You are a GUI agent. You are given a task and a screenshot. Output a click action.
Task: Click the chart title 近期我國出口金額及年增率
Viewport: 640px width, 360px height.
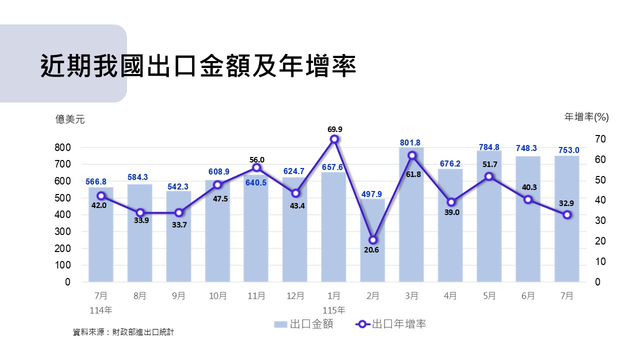[x=198, y=66]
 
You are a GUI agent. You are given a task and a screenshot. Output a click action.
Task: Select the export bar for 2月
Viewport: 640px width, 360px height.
[x=372, y=240]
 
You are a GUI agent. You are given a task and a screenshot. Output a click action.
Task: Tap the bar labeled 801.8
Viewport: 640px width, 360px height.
[x=411, y=214]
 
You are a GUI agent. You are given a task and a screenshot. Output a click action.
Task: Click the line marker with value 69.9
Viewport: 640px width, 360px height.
[x=334, y=139]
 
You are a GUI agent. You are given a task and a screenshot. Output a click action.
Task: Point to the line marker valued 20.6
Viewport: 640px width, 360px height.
[x=373, y=240]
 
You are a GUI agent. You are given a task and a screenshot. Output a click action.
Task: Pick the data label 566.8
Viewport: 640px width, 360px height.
[x=96, y=181]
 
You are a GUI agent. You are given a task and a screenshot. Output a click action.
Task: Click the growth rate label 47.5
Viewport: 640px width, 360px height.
[x=220, y=199]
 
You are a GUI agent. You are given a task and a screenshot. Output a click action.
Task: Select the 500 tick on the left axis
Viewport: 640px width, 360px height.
[x=62, y=198]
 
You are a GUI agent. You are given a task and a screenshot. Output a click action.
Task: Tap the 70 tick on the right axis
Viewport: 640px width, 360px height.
[x=600, y=139]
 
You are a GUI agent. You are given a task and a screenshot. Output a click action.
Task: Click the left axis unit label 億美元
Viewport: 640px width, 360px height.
[x=70, y=119]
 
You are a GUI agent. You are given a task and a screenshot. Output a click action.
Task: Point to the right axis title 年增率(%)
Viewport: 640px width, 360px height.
[x=586, y=117]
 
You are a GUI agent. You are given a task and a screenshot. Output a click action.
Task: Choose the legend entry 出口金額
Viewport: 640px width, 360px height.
[x=303, y=324]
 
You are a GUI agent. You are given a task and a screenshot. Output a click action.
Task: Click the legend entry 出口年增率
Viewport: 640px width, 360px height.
[x=391, y=324]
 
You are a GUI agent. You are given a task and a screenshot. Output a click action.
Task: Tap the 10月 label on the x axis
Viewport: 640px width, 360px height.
[x=217, y=295]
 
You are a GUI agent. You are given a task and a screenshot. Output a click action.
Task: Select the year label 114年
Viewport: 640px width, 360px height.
[x=101, y=310]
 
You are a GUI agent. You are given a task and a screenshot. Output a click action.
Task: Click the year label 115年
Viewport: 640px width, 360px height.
[x=334, y=310]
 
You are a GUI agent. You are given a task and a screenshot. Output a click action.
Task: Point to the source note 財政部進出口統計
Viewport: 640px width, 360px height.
[x=143, y=332]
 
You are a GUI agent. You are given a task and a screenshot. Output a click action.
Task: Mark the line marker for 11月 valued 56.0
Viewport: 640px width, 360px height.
[x=256, y=167]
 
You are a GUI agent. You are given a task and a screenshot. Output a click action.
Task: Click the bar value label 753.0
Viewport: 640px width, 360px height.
[x=569, y=150]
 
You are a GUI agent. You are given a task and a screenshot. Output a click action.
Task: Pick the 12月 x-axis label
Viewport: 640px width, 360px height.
[x=295, y=295]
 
